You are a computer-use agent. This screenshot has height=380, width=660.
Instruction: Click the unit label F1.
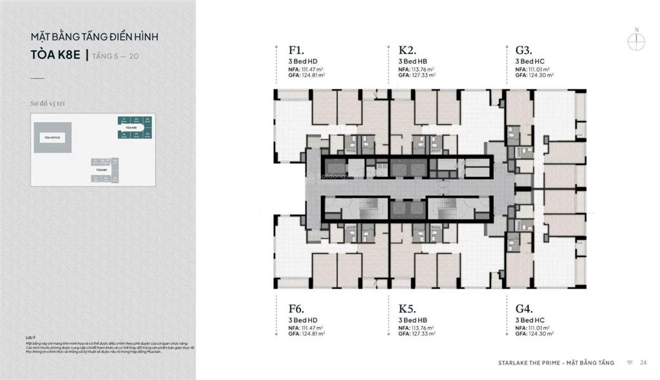[296, 50]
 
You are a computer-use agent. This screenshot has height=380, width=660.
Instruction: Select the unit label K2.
[406, 50]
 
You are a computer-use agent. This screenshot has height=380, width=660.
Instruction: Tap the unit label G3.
[523, 50]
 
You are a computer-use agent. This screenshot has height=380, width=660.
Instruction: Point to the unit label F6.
[296, 309]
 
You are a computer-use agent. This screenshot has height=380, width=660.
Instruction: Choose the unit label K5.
[406, 309]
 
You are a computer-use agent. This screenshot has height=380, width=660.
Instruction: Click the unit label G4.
[524, 309]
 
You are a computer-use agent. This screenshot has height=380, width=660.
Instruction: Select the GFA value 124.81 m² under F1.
[313, 75]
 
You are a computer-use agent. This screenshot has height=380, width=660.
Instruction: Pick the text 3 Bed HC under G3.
[530, 61]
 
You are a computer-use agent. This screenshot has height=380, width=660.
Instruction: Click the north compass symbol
[636, 40]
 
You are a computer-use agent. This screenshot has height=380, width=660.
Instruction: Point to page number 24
[643, 363]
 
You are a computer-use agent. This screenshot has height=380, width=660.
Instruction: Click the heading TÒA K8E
[55, 55]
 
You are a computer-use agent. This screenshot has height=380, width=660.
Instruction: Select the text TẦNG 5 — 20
[115, 57]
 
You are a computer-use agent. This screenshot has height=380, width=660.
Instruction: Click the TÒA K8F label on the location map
[102, 169]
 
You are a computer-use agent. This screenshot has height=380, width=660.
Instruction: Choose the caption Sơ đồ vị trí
[48, 102]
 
